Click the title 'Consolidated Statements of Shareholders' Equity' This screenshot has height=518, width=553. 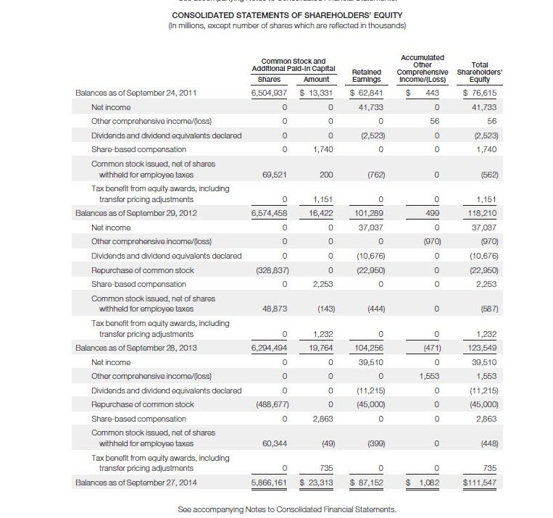coord(287,15)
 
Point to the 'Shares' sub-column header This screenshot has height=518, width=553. coord(269,79)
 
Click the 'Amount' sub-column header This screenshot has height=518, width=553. coord(316,79)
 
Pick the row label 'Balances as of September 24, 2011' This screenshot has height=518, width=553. coord(136,93)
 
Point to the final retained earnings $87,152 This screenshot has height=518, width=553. coord(367,482)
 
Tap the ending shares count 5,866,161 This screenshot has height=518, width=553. coord(268,482)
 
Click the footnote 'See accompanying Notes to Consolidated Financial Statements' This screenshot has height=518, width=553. coord(287,509)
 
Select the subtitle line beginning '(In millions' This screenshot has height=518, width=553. coord(287,26)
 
